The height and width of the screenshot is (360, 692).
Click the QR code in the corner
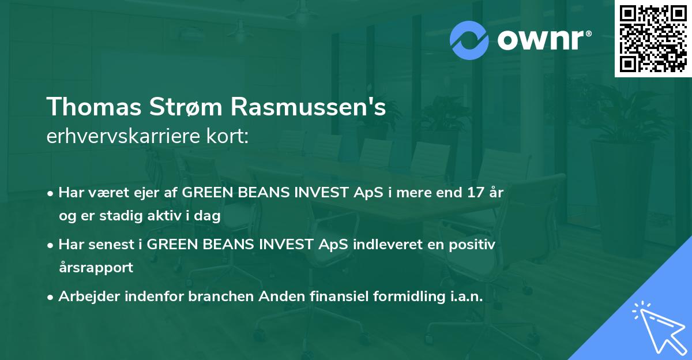click(653, 39)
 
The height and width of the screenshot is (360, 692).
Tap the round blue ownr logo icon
click(470, 40)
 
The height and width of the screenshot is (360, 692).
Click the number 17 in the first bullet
click(474, 193)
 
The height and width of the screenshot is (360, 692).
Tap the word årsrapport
click(96, 267)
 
